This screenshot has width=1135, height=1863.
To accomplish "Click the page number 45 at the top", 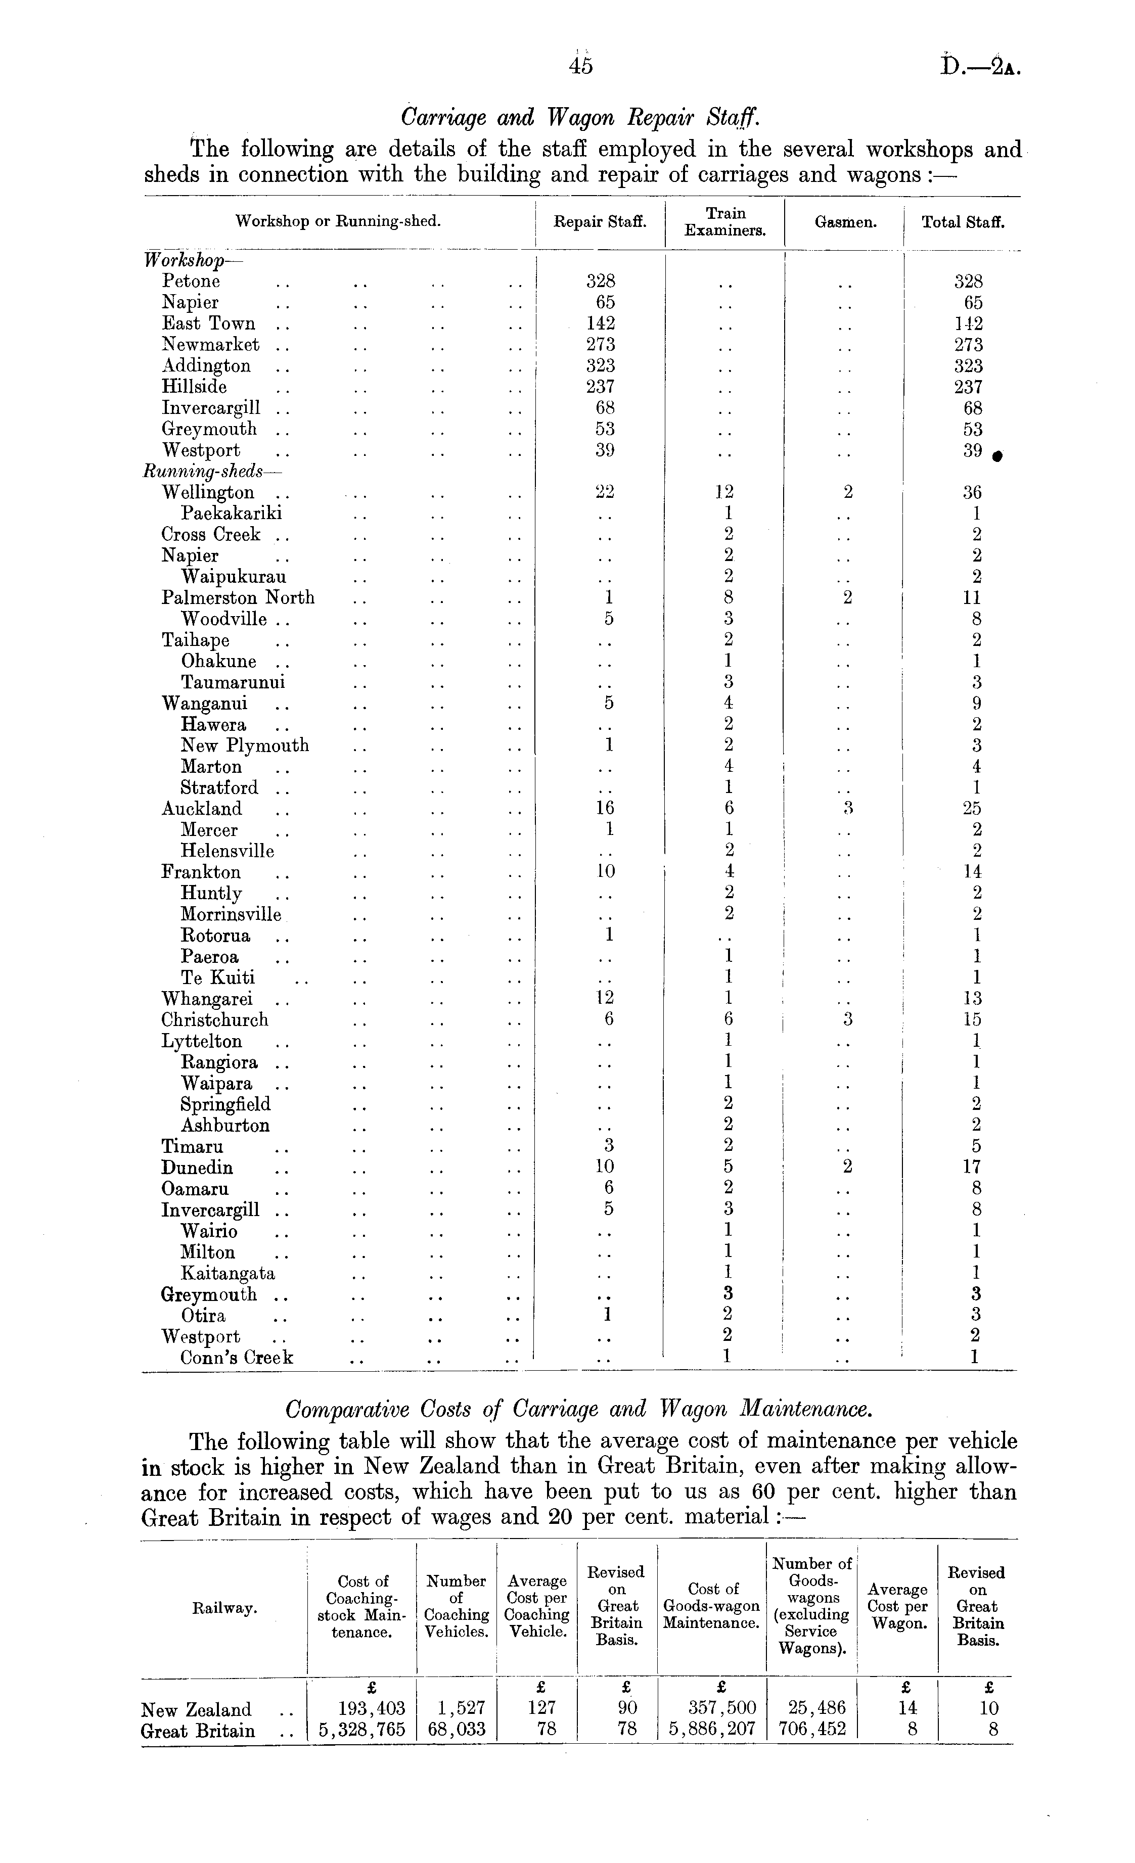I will pyautogui.click(x=581, y=67).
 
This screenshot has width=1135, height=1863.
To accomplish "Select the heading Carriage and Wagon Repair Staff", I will pyautogui.click(x=579, y=118).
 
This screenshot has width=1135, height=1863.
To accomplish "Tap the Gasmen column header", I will pyautogui.click(x=845, y=222).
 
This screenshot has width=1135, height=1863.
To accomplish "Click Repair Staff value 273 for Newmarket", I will pyautogui.click(x=601, y=345).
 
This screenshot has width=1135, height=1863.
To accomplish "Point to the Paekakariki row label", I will pyautogui.click(x=232, y=514).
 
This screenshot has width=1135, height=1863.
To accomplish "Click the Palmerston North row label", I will pyautogui.click(x=238, y=598).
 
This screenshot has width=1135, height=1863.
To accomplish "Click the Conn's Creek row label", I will pyautogui.click(x=237, y=1357).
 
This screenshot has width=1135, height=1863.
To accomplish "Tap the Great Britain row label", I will pyautogui.click(x=198, y=1730).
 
